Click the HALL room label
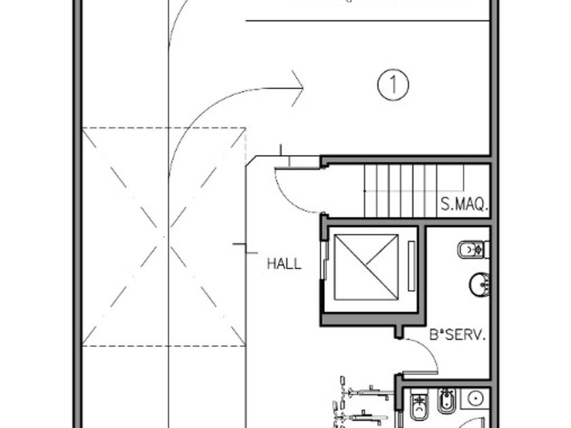pos(283,264)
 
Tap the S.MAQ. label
pos(464,204)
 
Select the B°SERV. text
pos(457,334)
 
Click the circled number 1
pos(393,85)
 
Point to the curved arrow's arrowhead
pos(299,88)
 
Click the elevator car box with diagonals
pos(366,266)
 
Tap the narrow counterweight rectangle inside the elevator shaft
pos(411,266)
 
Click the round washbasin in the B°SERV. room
pos(479,284)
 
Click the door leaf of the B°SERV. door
pos(419,372)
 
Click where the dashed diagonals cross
pos(164,236)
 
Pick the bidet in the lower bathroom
pos(447,403)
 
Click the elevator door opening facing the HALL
pos(326,266)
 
